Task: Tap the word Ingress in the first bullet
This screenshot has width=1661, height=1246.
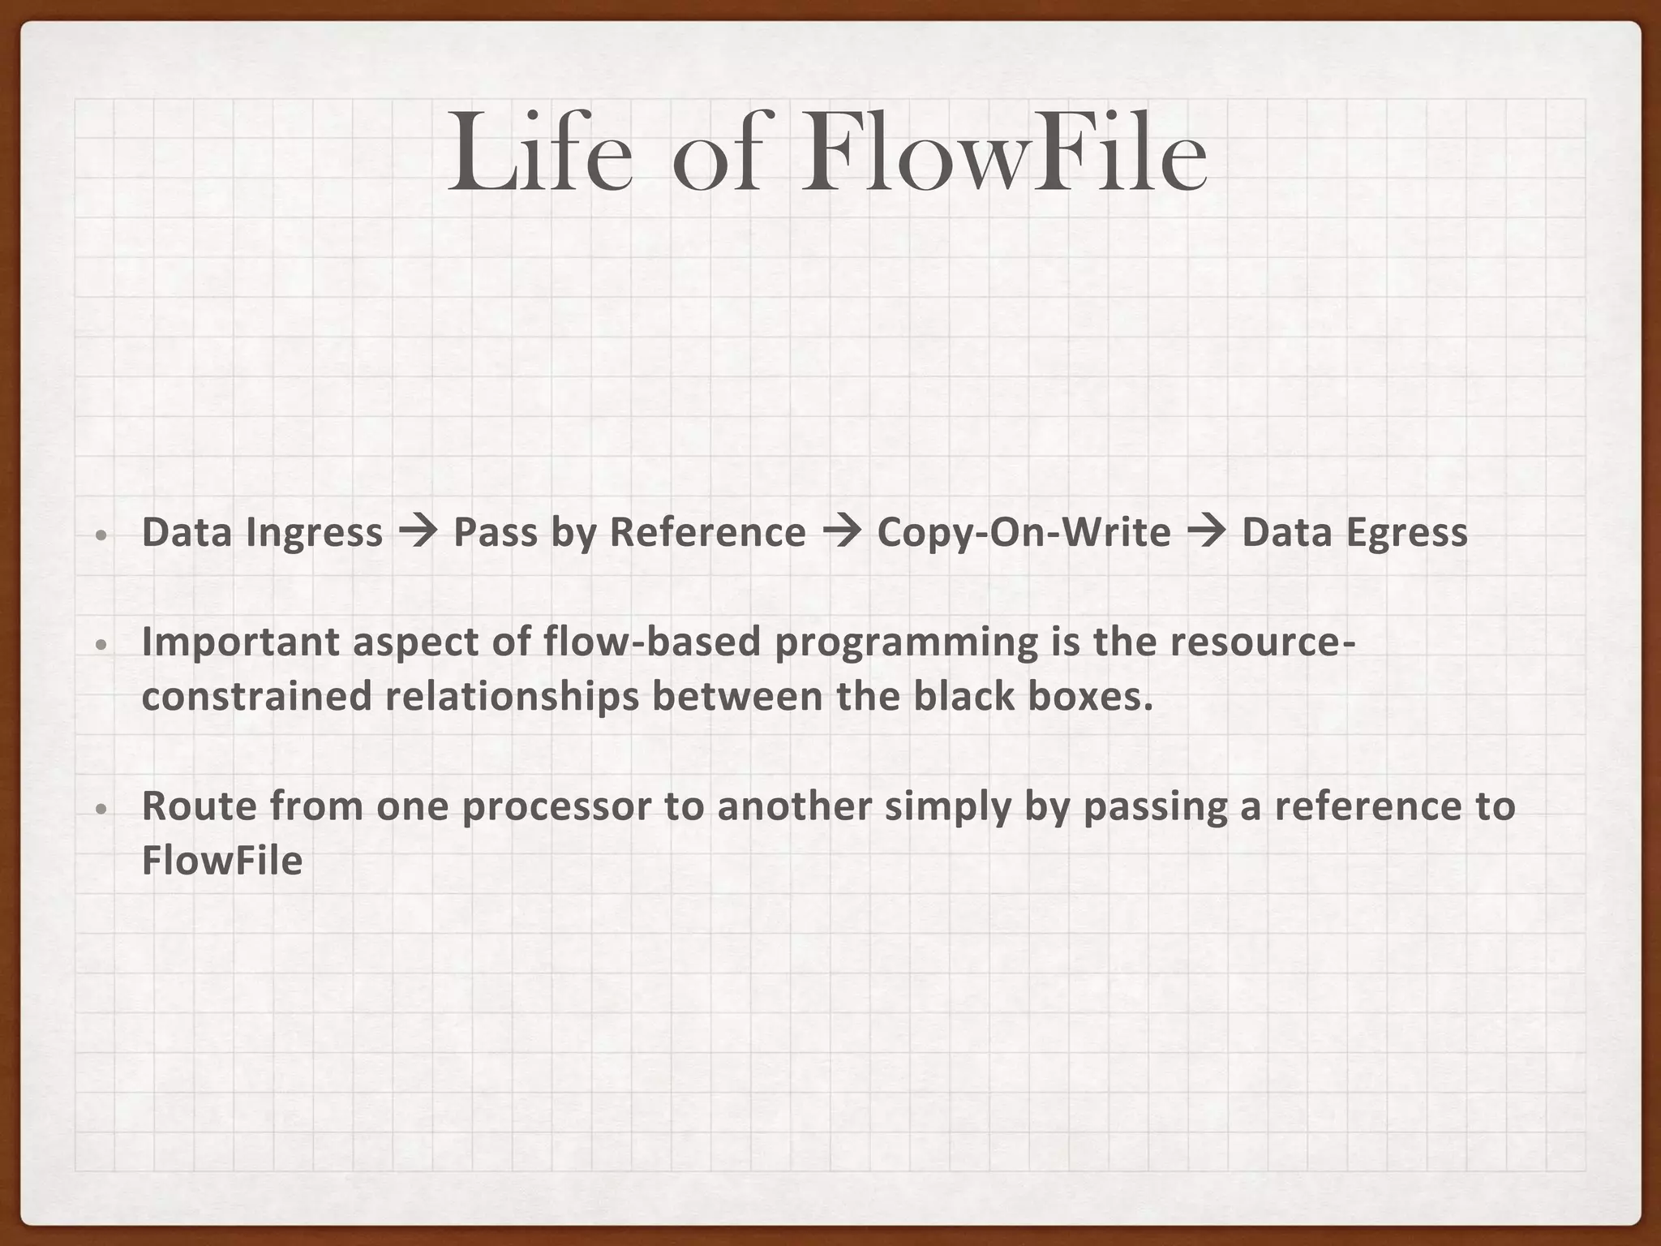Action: pyautogui.click(x=314, y=533)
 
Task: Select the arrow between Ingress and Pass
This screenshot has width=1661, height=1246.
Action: pyautogui.click(x=418, y=533)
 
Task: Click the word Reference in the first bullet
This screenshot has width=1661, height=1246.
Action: pyautogui.click(x=707, y=533)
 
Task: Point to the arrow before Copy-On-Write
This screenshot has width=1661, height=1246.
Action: pyautogui.click(x=842, y=533)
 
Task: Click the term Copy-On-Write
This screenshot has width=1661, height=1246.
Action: pyautogui.click(x=1024, y=533)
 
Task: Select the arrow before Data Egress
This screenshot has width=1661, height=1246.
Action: pyautogui.click(x=1206, y=533)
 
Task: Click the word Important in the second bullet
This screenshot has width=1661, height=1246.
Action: pyautogui.click(x=241, y=642)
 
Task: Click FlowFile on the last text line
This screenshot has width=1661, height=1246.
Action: pyautogui.click(x=221, y=861)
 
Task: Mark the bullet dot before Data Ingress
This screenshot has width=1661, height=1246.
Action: pyautogui.click(x=101, y=536)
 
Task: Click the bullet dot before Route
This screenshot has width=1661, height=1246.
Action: pyautogui.click(x=101, y=810)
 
